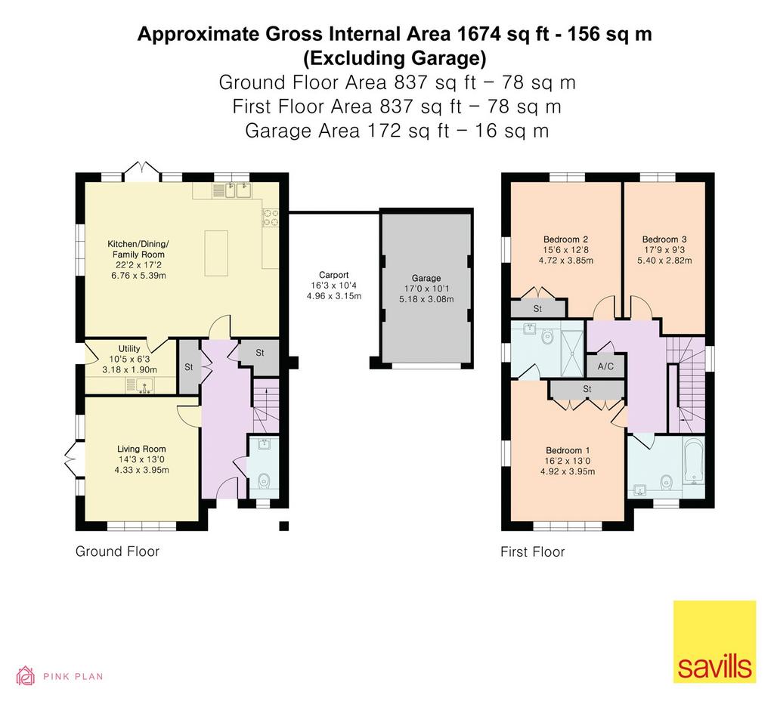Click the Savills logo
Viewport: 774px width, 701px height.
714,641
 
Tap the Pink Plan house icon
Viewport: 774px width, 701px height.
26,676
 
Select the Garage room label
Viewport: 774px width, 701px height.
426,278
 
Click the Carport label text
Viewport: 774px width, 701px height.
333,275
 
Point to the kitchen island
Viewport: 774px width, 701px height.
216,253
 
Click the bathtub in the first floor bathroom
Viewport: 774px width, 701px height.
694,461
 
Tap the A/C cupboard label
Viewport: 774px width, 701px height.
605,366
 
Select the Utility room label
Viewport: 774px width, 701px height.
129,349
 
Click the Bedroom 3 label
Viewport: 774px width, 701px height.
664,239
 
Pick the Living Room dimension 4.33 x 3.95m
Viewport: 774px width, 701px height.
141,470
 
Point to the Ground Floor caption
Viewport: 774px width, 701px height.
117,551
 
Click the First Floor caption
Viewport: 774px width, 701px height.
533,551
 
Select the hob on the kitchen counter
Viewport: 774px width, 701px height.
270,218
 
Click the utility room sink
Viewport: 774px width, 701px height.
140,384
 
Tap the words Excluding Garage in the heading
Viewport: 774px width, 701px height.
395,58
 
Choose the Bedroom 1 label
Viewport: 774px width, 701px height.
568,450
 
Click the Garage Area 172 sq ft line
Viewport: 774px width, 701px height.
397,131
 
